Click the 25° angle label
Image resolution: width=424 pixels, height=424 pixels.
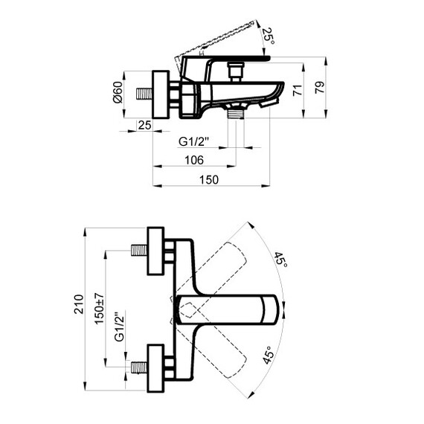click(269, 36)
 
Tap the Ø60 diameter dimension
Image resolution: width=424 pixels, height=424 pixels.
click(118, 92)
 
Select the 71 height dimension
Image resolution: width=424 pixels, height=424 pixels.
click(298, 90)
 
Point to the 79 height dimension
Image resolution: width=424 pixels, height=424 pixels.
click(320, 87)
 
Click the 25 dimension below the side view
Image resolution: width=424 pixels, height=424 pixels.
click(144, 125)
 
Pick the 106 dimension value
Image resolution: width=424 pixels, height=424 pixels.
click(194, 160)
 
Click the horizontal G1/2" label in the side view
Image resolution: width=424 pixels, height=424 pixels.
click(194, 141)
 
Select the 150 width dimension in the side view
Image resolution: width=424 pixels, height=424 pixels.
click(209, 180)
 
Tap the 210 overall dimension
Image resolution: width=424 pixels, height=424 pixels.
click(79, 304)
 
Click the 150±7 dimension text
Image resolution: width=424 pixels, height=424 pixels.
click(100, 308)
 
